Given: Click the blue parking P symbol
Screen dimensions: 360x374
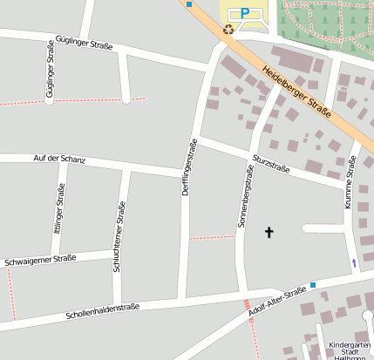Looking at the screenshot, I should pos(245,13).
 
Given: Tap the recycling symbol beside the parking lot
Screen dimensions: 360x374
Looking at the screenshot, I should pos(228,29).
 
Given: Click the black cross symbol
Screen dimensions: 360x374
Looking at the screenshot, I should pos(269,232).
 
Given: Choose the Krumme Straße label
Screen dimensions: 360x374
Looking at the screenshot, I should pos(350,188).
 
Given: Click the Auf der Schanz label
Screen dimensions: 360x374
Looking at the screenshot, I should pos(58,158).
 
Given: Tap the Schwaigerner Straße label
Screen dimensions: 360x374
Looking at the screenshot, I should pos(40,259).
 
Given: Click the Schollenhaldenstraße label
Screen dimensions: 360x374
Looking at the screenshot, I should pos(102,309).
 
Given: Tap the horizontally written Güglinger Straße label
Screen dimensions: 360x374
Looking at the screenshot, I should pos(84,40).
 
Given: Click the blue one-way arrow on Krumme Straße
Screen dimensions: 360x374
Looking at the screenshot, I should pos(354,262).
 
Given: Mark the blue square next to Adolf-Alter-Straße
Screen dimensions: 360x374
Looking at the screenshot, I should pos(313,284).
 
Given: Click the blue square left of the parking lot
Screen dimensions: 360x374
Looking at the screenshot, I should pos(189,4).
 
